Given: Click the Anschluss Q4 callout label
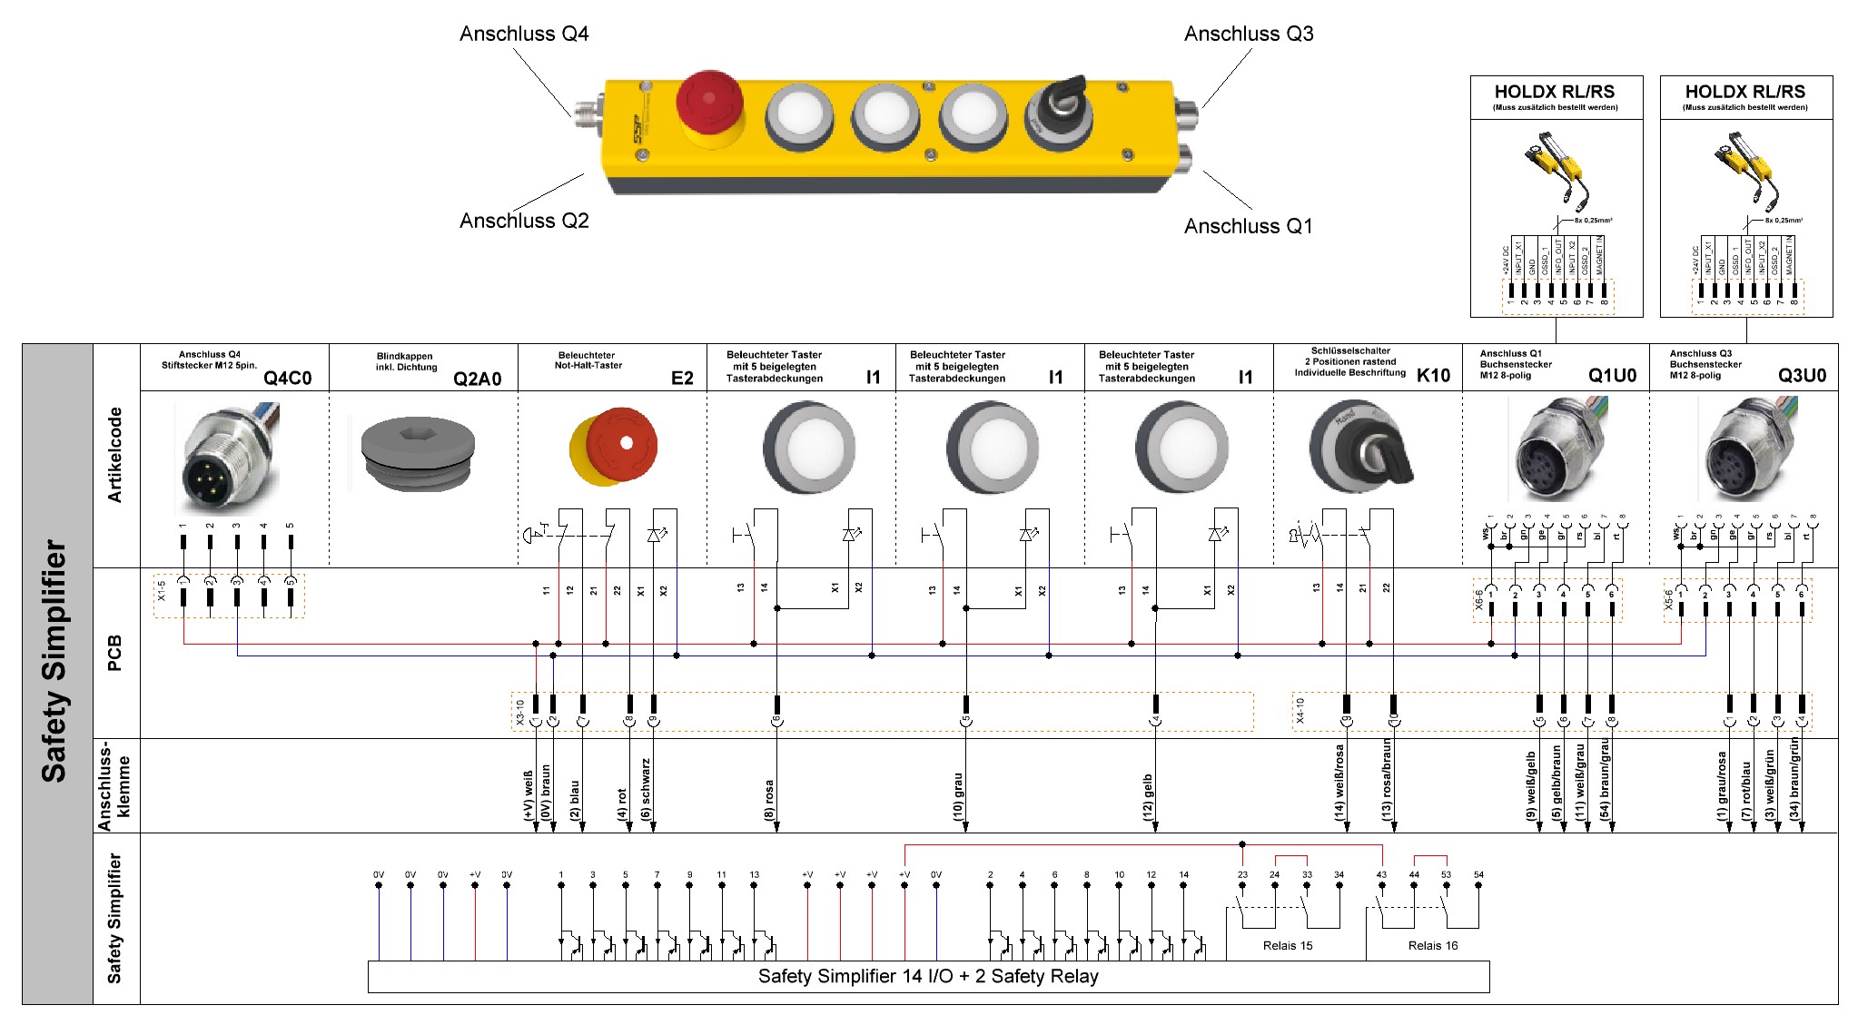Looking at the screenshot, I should coord(524,34).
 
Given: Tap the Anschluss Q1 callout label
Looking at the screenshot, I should coord(1248,227).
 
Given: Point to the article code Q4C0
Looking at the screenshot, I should coord(287,379).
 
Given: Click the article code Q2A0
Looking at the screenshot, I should coord(477,379).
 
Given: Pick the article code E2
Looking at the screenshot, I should coord(682,379).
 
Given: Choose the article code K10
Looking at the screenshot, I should coord(1433,376).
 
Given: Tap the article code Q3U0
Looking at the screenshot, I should coord(1802,376).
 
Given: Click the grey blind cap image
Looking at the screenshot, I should coord(418,454).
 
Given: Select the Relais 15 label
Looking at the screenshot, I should coord(1288,946).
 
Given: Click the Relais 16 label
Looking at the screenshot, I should coord(1433,946).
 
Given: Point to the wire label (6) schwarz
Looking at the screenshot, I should coord(646,789).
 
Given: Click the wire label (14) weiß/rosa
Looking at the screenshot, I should coord(1339,784).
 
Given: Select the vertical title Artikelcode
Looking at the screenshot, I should coord(115,455).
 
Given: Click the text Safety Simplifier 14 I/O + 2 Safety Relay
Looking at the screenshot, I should coord(928,977).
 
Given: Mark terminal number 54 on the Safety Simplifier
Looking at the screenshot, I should coord(1478,875).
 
